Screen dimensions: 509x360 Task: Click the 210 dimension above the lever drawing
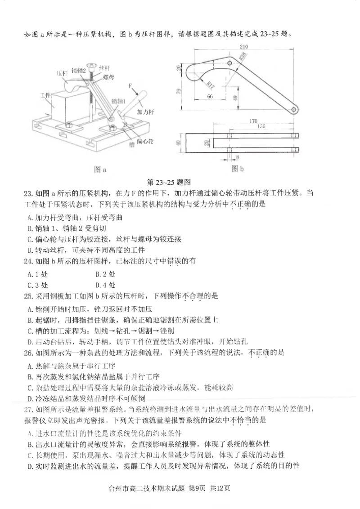244,46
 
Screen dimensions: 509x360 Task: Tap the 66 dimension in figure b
210,96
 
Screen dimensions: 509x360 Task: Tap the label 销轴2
78,70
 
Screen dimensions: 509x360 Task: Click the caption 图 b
237,169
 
